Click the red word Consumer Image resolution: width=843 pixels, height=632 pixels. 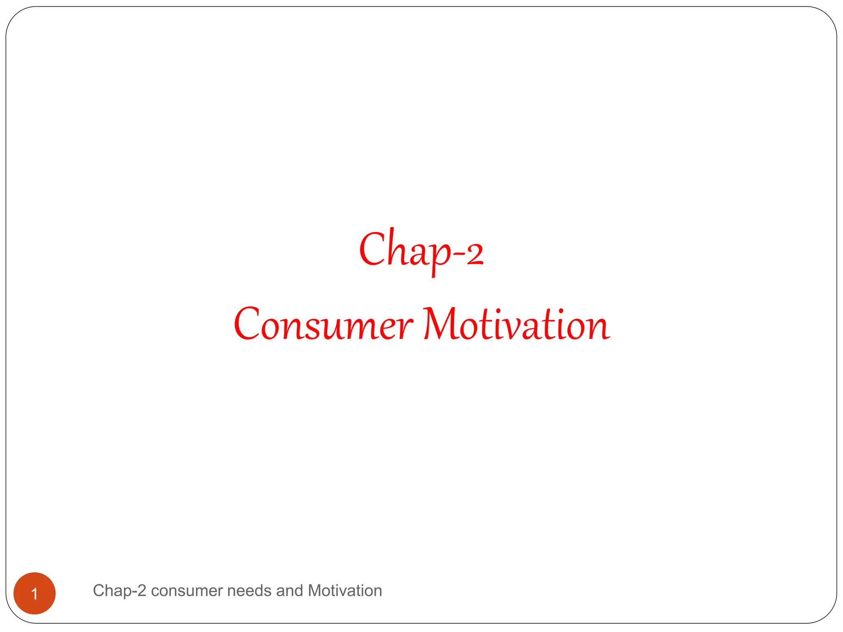pyautogui.click(x=323, y=325)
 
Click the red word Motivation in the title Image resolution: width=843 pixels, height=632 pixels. pyautogui.click(x=517, y=325)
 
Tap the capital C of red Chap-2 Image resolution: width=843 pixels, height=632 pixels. pyautogui.click(x=372, y=249)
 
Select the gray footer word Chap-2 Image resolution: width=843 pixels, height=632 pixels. pyautogui.click(x=119, y=591)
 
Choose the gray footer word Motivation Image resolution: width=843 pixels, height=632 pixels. pyautogui.click(x=345, y=591)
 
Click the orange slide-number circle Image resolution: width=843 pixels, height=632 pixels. pyautogui.click(x=35, y=593)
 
